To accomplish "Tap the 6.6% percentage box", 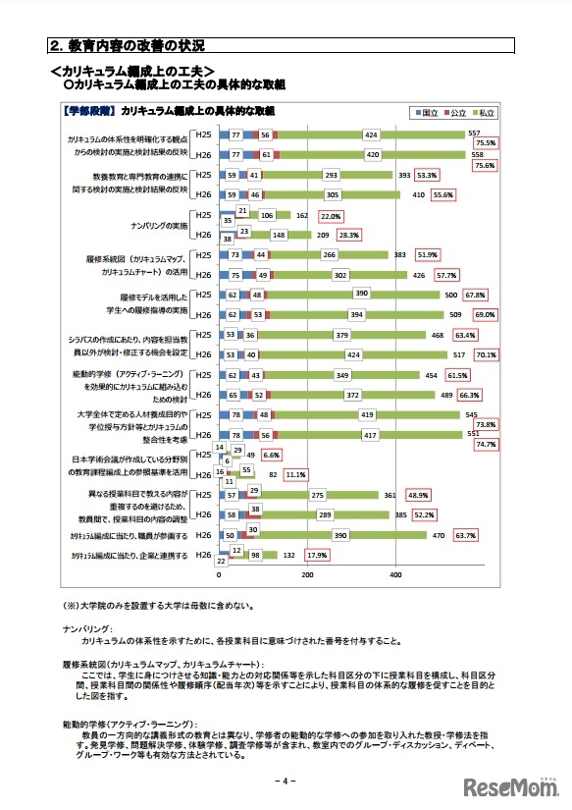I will point(271,456).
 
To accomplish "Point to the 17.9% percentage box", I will point(317,555).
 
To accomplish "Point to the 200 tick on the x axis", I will point(307,575).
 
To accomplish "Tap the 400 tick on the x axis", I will point(396,575).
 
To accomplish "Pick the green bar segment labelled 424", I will point(371,135).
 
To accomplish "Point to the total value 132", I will point(288,556).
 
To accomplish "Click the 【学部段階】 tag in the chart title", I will point(90,111).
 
